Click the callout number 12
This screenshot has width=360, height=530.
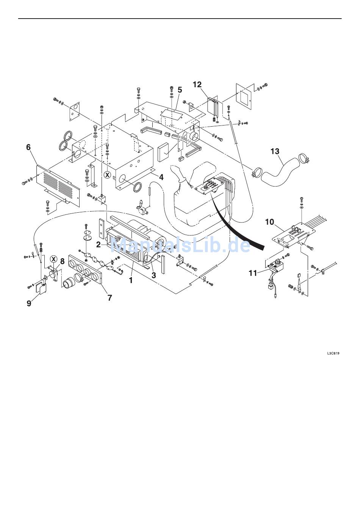pos(197,85)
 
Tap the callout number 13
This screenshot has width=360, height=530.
pos(275,151)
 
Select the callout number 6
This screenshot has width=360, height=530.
pos(28,147)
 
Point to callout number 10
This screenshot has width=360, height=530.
pos(270,222)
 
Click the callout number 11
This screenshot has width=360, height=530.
pos(253,273)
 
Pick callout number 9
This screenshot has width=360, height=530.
pos(29,303)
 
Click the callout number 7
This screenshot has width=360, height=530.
pos(110,298)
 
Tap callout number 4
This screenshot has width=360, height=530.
pos(161,177)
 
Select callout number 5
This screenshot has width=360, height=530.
pos(180,90)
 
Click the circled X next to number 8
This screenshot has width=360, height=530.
pos(54,259)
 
